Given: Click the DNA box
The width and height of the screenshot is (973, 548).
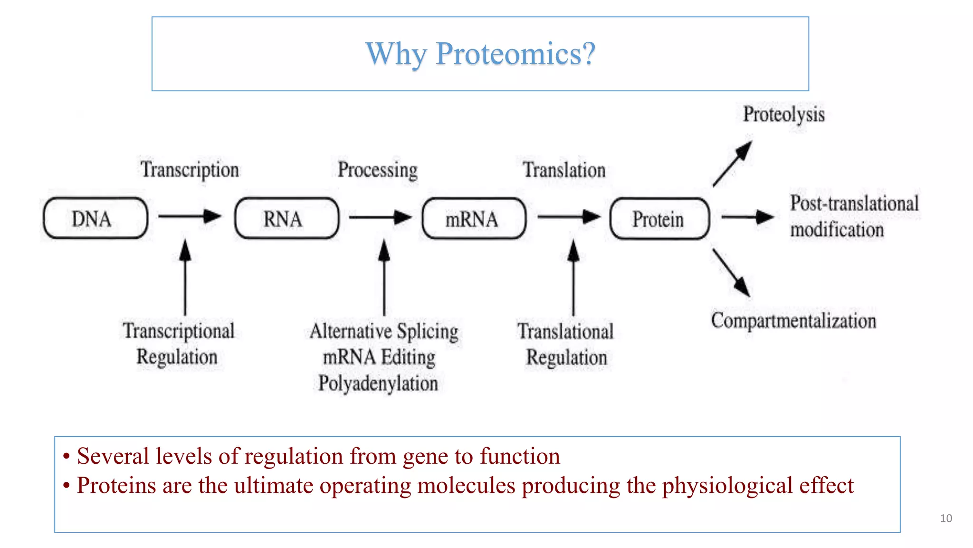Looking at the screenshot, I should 95,218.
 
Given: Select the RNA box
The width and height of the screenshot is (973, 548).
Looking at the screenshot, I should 286,218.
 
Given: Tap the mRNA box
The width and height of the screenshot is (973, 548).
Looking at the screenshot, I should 474,218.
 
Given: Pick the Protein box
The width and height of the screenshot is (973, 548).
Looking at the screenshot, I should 659,219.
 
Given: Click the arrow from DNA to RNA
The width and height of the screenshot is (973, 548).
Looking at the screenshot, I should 189,216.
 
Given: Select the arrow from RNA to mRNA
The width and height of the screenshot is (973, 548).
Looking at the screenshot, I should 380,217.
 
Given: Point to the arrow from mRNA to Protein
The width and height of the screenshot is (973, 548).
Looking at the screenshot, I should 568,217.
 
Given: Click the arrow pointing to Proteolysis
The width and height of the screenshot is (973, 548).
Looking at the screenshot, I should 732,164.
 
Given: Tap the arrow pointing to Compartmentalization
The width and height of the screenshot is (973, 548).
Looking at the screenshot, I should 731,273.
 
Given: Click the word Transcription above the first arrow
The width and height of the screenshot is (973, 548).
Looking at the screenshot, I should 190,170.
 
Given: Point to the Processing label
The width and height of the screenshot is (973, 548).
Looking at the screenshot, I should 377,170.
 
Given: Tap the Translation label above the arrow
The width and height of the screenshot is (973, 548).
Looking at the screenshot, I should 564,170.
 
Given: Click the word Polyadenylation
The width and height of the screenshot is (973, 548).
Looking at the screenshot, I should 378,383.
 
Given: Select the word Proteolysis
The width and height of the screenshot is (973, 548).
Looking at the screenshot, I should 783,115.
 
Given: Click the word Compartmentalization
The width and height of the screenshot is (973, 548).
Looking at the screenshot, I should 793,321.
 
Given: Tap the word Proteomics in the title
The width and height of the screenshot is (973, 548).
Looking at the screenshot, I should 515,53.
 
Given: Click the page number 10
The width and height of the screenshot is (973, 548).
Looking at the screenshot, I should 945,519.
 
